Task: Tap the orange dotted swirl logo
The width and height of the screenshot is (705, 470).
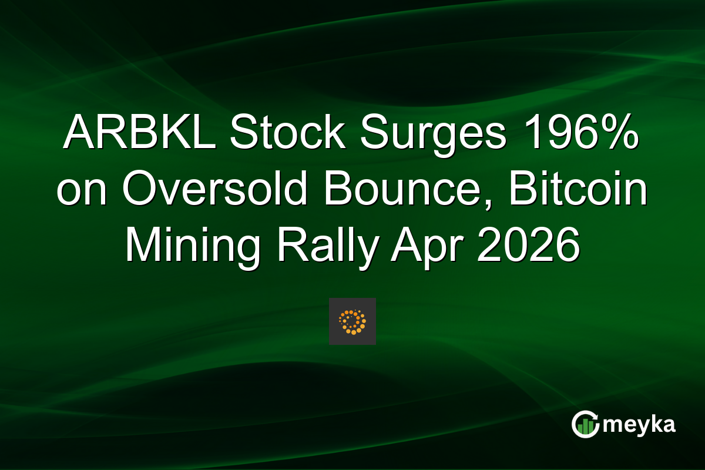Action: pyautogui.click(x=352, y=321)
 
